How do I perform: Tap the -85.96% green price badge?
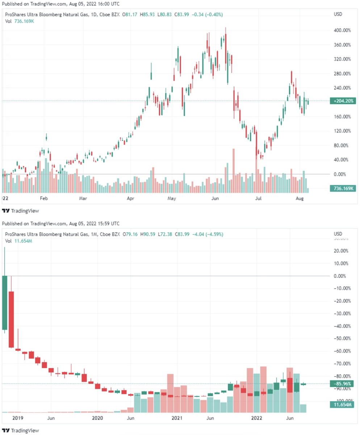click(340, 384)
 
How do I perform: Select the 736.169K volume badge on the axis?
click(340, 188)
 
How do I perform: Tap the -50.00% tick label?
click(342, 339)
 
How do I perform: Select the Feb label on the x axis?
click(44, 199)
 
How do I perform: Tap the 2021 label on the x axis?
click(177, 418)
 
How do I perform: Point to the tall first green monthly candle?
click(5, 303)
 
